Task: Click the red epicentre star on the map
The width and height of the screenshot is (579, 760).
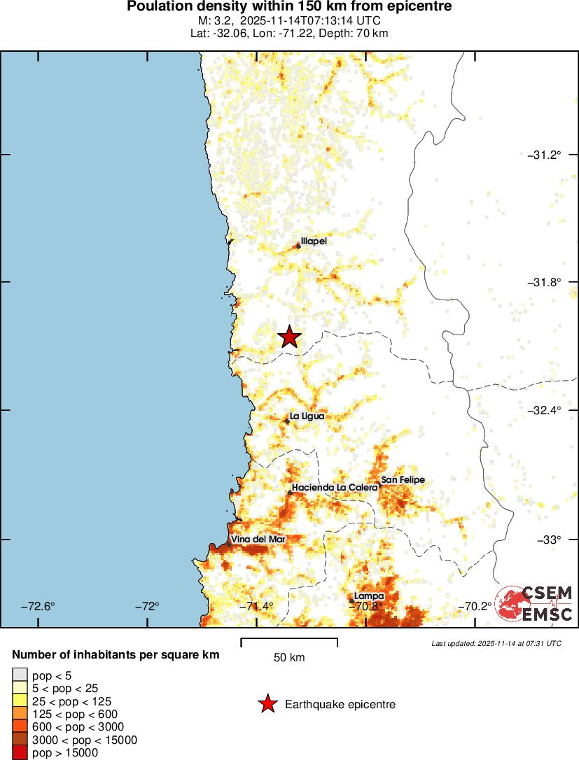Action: point(289,337)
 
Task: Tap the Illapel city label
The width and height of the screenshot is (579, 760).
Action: point(313,241)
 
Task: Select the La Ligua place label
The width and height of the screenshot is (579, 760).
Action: point(307,416)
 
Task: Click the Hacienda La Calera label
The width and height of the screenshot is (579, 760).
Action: point(335,487)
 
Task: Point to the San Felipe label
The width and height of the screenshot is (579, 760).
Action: point(403,480)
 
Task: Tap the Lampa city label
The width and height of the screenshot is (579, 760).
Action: point(368,596)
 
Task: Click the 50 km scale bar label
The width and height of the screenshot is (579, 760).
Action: point(288,658)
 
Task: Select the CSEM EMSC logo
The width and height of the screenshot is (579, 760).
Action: point(534,603)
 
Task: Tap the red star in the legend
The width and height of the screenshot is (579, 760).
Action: point(267,705)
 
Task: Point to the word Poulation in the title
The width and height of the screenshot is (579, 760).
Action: point(157,7)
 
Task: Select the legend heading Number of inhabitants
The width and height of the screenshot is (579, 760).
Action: point(116,655)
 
